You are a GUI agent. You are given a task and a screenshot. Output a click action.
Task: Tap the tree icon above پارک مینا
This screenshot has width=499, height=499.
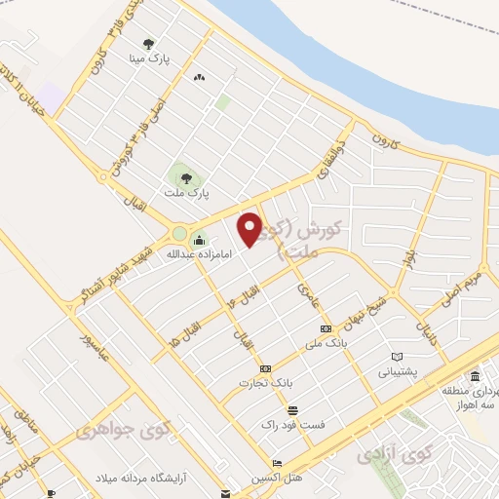(x=148, y=44)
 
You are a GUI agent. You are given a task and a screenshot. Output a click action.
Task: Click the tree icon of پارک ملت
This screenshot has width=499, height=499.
(x=185, y=177)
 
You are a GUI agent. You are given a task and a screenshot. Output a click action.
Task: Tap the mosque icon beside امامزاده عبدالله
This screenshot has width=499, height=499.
(x=200, y=242)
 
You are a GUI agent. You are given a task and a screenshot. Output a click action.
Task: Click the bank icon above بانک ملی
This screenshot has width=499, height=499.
(x=326, y=328)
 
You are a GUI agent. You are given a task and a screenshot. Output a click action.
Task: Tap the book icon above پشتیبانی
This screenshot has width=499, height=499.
(x=396, y=357)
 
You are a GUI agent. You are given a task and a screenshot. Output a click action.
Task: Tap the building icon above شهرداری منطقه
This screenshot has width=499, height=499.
(x=474, y=376)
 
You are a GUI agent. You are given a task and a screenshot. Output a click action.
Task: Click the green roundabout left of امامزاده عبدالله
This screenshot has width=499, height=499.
(x=178, y=234)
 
